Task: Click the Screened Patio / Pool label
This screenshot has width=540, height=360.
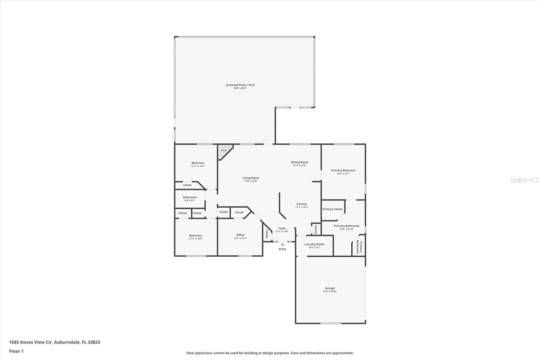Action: tap(240, 85)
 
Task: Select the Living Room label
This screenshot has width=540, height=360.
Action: tap(251, 178)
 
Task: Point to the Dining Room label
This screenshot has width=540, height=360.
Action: tap(299, 162)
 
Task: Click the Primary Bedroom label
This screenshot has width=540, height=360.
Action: tap(343, 171)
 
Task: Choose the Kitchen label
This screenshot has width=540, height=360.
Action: tap(302, 204)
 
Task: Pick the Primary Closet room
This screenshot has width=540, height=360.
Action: tap(332, 209)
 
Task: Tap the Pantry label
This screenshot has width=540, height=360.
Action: tap(316, 229)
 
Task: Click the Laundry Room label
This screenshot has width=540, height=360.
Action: tap(314, 244)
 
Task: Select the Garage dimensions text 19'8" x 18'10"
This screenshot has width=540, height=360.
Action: tap(330, 291)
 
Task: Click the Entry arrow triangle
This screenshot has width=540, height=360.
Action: tap(282, 244)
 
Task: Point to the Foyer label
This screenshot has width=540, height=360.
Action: tap(282, 228)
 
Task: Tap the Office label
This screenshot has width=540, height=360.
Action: tap(240, 235)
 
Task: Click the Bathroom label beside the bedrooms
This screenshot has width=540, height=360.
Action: tap(190, 197)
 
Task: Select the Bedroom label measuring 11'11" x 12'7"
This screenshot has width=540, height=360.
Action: tap(198, 163)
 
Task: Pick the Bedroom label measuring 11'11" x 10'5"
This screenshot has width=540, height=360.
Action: tap(195, 236)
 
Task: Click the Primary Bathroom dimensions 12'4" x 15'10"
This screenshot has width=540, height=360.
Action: tap(346, 229)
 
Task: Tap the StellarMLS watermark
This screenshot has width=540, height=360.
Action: tap(524, 180)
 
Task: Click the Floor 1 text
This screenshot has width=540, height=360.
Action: tap(16, 351)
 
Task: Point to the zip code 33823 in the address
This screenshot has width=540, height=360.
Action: tap(94, 342)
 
